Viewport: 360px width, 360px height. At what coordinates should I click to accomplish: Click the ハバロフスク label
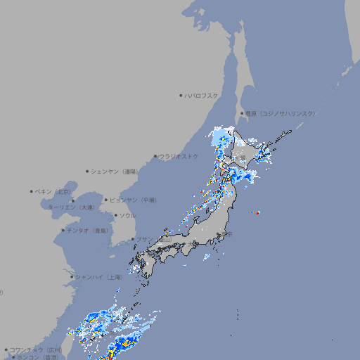click(201, 95)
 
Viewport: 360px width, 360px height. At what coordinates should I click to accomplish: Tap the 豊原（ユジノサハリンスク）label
click(280, 113)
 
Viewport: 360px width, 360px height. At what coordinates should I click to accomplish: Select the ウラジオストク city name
click(179, 156)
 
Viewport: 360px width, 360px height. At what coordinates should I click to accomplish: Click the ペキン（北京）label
click(54, 191)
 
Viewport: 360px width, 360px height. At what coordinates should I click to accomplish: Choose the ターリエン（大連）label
click(72, 207)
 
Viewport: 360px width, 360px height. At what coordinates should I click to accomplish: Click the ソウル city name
click(127, 215)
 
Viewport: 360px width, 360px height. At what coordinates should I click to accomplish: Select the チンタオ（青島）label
click(88, 230)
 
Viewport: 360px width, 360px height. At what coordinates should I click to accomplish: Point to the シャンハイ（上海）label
click(99, 277)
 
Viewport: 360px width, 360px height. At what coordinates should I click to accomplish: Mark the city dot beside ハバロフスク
click(181, 95)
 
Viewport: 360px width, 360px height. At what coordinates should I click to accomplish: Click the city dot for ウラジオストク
click(155, 156)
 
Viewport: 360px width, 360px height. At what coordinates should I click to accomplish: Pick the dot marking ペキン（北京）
click(32, 191)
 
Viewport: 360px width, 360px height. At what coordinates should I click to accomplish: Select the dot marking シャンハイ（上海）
click(72, 277)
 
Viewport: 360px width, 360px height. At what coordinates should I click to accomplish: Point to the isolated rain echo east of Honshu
click(257, 212)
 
